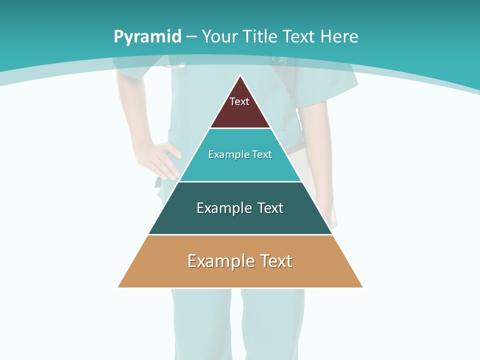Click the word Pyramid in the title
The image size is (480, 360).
tap(147, 37)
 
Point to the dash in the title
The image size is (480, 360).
tap(191, 37)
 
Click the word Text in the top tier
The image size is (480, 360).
tap(239, 101)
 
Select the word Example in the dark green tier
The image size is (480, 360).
tap(222, 208)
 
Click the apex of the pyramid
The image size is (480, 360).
tap(240, 76)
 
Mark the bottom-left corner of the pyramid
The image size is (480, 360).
tap(118, 287)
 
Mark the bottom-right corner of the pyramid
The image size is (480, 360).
tap(362, 287)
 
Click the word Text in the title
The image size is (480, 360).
tap(299, 37)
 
